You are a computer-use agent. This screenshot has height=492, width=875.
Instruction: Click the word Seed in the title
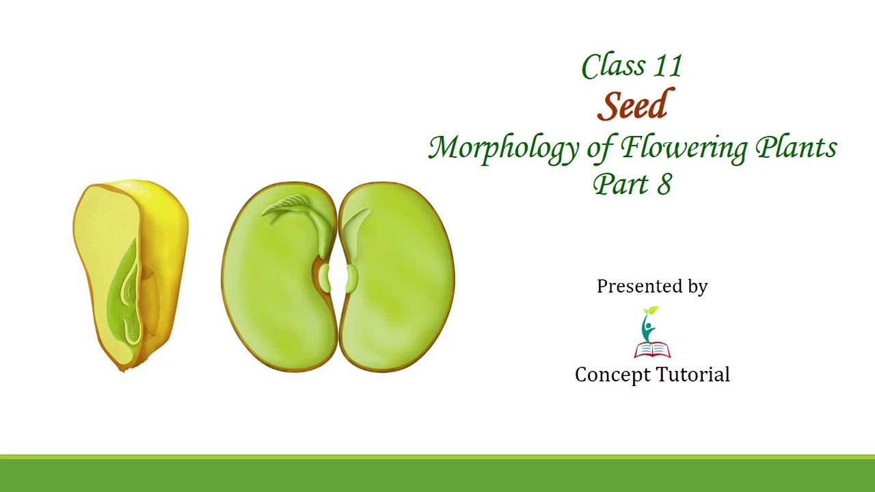tap(635, 107)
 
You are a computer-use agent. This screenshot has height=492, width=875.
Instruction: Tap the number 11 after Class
tap(668, 67)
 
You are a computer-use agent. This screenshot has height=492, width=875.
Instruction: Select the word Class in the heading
tap(612, 67)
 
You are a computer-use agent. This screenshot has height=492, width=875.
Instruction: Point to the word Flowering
tap(684, 148)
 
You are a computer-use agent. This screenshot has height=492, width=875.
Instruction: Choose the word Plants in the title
tap(796, 148)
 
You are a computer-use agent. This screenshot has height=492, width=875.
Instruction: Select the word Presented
tap(641, 286)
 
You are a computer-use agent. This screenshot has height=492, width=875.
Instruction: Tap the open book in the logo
tap(652, 351)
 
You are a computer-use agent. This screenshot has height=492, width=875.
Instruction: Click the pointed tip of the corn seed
tap(124, 368)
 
